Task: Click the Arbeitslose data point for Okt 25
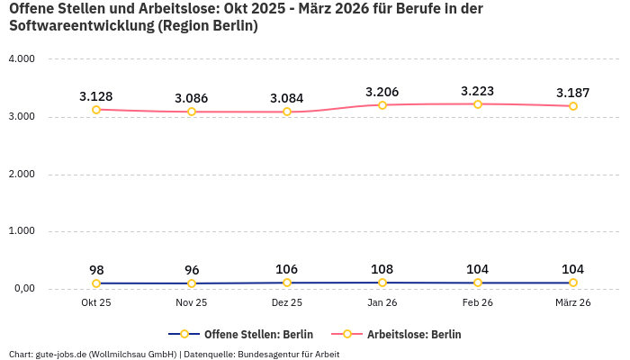click(96, 110)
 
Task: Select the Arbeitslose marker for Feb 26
click(478, 104)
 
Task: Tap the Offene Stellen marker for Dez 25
click(287, 283)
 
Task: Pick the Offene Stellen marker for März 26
click(573, 283)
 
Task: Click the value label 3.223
click(478, 91)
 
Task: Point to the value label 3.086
click(192, 97)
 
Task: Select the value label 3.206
click(382, 92)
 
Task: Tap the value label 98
click(96, 270)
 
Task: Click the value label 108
click(382, 269)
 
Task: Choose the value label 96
click(192, 270)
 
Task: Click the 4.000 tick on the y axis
click(21, 59)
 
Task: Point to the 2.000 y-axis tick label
click(21, 174)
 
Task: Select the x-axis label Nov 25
click(192, 303)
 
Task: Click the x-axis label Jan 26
click(382, 303)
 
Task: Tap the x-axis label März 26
click(573, 303)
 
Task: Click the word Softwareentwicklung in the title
click(79, 26)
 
